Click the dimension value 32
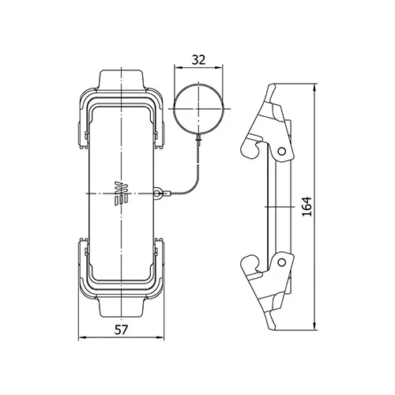pyautogui.click(x=198, y=60)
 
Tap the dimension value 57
pyautogui.click(x=121, y=329)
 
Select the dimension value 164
pyautogui.click(x=307, y=206)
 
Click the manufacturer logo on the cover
pyautogui.click(x=121, y=193)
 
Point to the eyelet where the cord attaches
pyautogui.click(x=157, y=194)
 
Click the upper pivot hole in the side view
pyautogui.click(x=282, y=151)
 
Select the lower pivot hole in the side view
pyautogui.click(x=282, y=262)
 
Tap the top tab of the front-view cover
pyautogui.click(x=121, y=81)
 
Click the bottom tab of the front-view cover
pyautogui.click(x=121, y=307)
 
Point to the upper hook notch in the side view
pyautogui.click(x=256, y=149)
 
